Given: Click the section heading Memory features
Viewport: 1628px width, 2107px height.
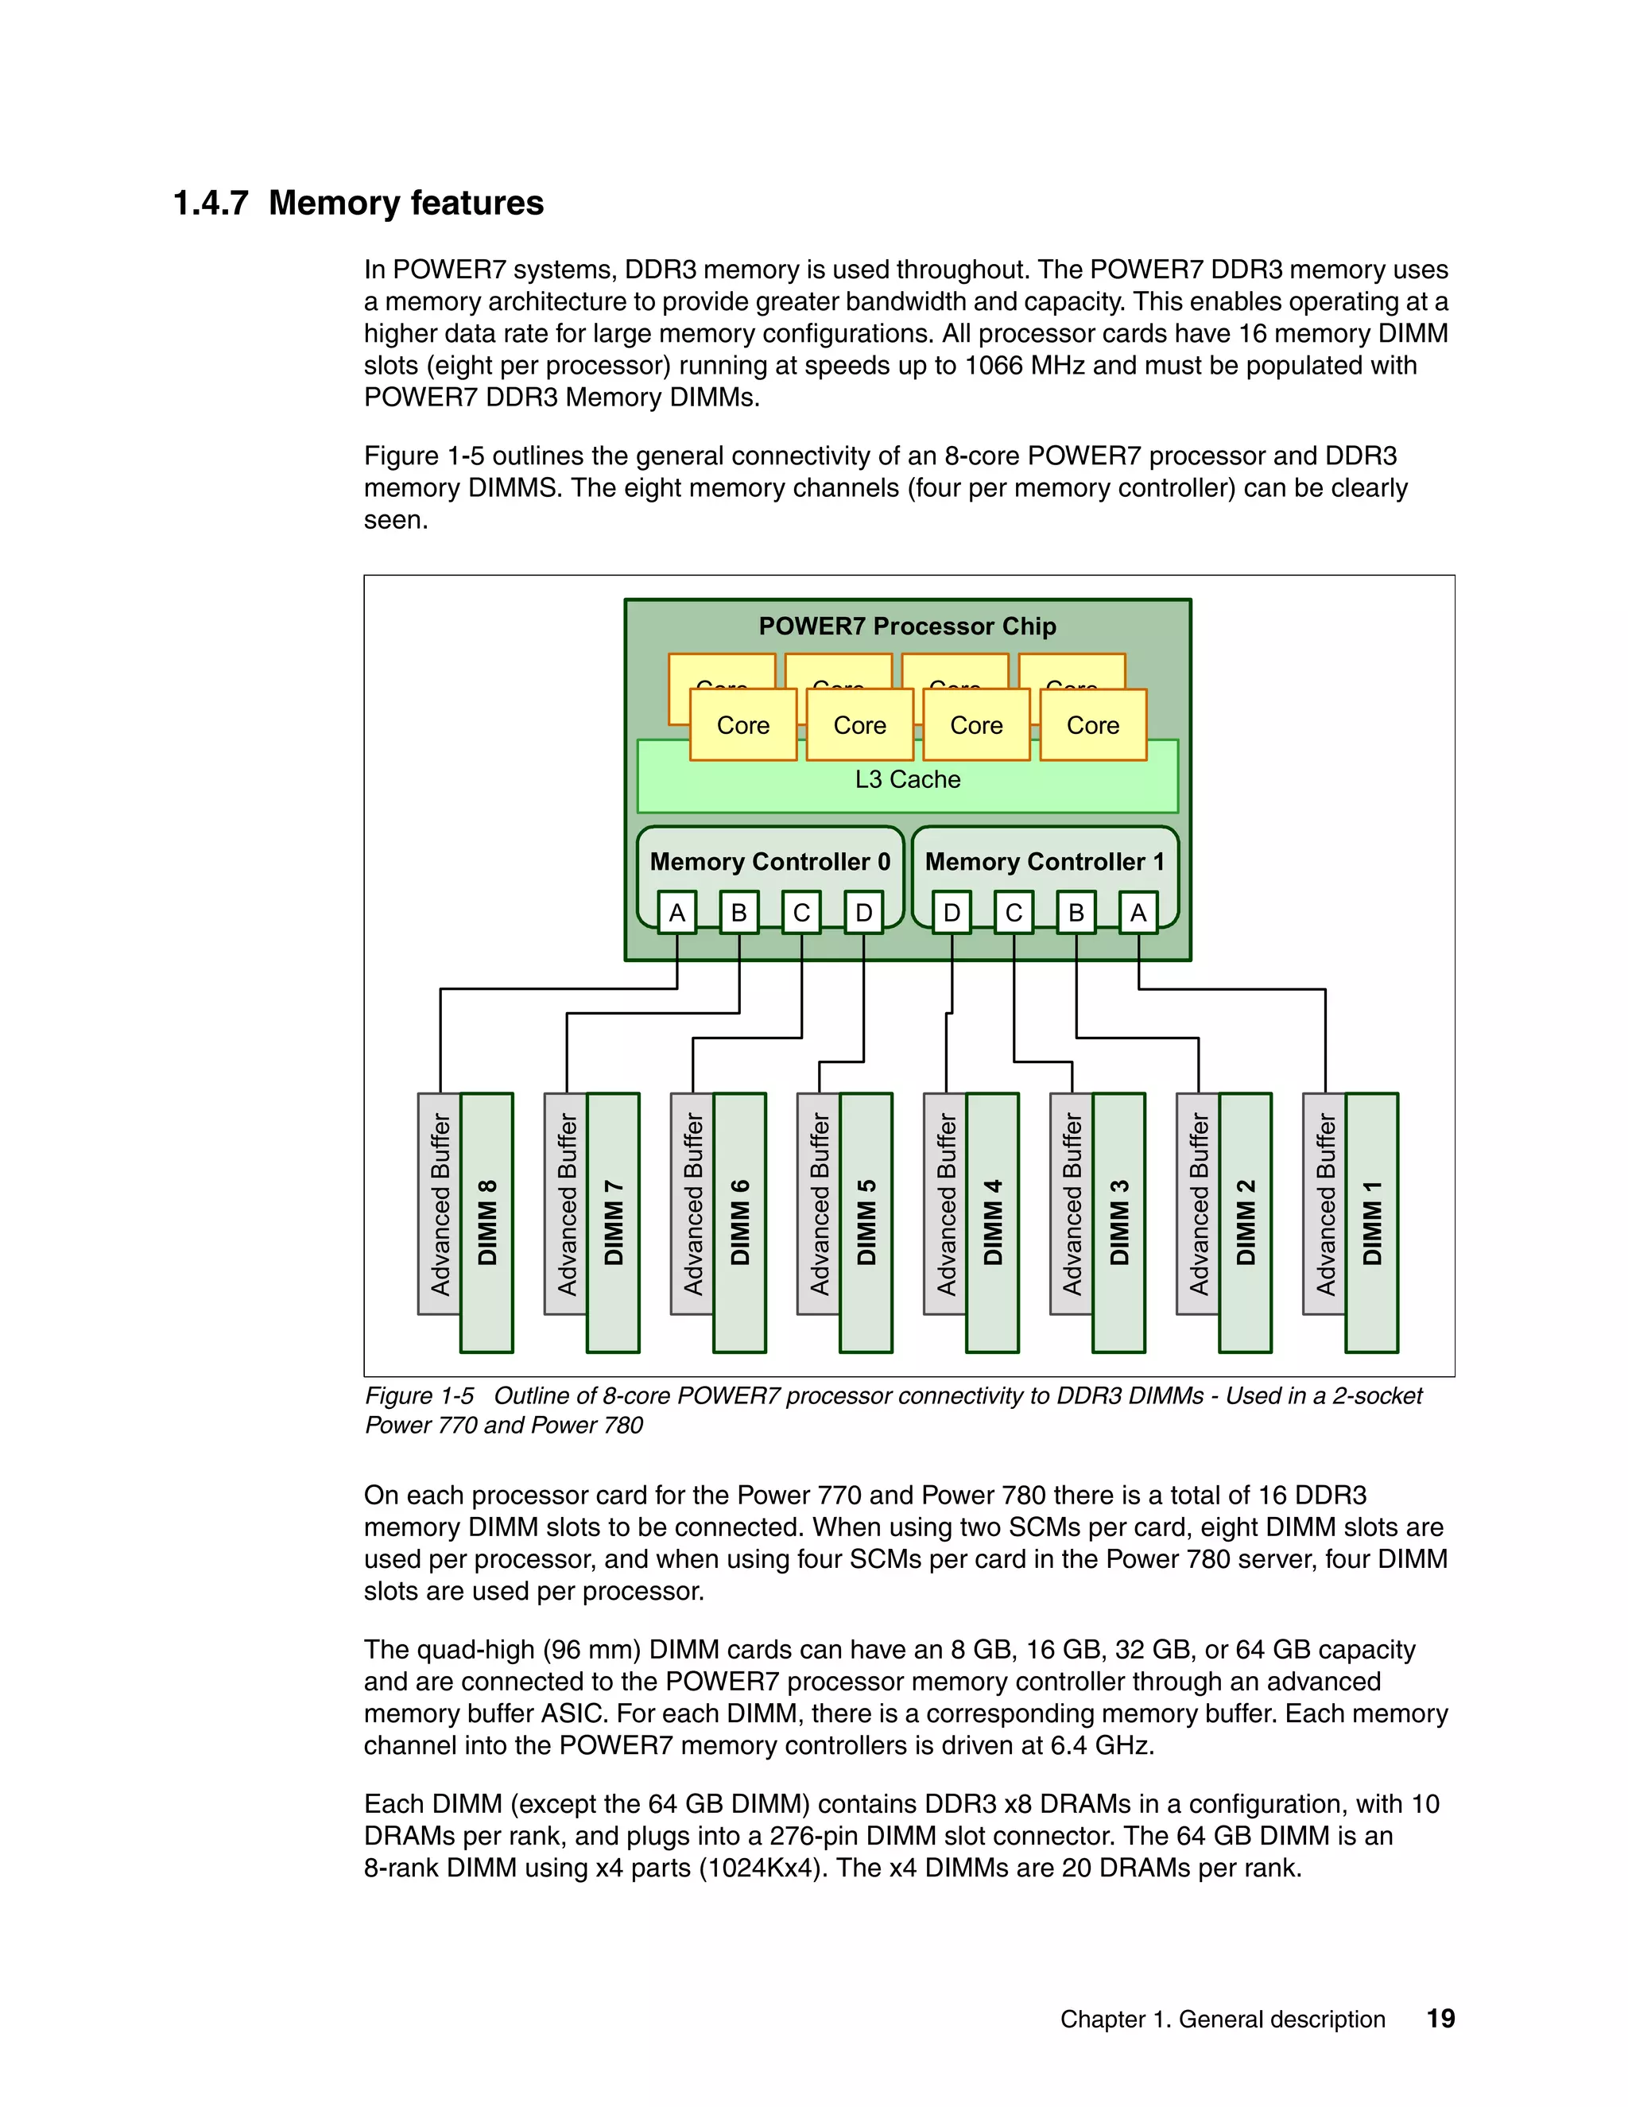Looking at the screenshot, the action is (406, 204).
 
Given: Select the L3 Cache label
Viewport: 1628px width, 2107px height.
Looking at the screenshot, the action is (908, 779).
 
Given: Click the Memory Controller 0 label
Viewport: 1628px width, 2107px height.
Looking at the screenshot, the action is (769, 862).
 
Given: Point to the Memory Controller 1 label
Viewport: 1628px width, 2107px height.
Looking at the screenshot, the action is (1045, 862).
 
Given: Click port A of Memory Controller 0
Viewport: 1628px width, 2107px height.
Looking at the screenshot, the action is (677, 913).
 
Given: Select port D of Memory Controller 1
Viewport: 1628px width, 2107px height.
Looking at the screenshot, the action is (952, 913).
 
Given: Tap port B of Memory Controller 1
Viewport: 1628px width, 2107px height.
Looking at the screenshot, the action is (1076, 913).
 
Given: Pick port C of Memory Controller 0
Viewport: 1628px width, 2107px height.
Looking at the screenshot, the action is (801, 913).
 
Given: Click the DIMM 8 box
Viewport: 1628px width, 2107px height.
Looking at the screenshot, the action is (487, 1222).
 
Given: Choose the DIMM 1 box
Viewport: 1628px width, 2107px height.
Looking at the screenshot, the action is (1371, 1222).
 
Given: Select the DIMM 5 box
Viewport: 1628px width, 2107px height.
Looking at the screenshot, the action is (866, 1222).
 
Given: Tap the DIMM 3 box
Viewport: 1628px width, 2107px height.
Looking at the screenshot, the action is (1118, 1222).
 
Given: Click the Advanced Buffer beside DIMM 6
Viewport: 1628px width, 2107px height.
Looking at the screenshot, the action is (692, 1203).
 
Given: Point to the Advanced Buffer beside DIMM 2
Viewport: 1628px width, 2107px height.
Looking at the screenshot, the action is (1198, 1203).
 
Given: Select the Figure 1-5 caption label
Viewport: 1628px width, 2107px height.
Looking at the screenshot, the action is (420, 1396).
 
